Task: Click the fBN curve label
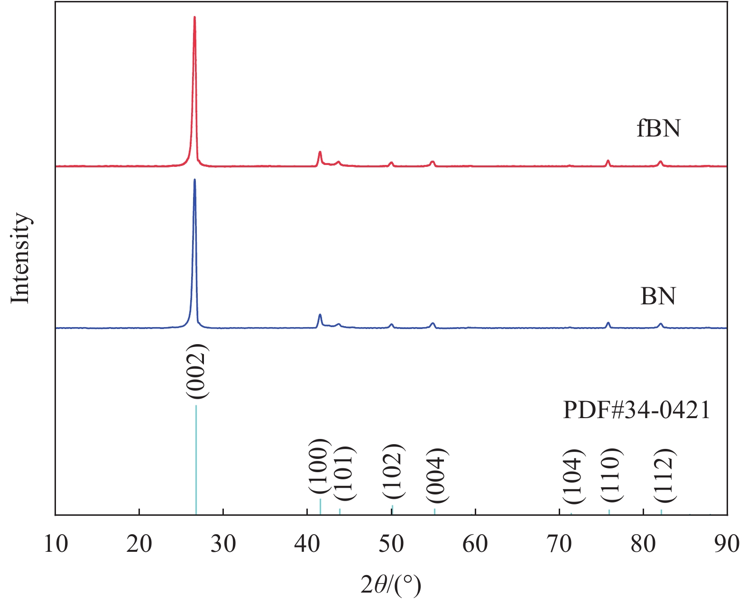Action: [658, 128]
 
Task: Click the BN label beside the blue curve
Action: [658, 296]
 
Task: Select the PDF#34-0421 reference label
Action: [636, 410]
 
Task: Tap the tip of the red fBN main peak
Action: [194, 18]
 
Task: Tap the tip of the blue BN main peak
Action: [194, 181]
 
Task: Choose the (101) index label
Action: [343, 474]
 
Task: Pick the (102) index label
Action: [393, 471]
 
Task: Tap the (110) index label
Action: [611, 475]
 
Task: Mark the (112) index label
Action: [664, 475]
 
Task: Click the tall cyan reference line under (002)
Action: [196, 460]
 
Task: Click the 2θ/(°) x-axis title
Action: [390, 586]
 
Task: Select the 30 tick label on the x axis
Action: [223, 544]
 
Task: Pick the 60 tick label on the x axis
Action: [475, 544]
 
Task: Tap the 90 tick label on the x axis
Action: [726, 544]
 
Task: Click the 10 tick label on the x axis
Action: [55, 544]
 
